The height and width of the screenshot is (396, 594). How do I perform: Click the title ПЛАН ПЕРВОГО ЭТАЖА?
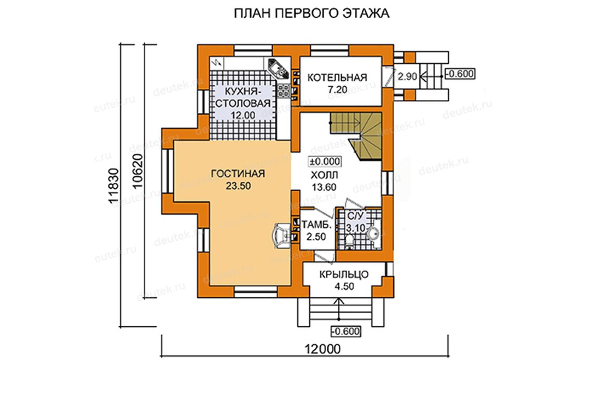pos(312,13)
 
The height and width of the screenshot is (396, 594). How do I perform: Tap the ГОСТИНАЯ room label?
pos(238,174)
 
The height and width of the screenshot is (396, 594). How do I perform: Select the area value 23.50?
pos(238,186)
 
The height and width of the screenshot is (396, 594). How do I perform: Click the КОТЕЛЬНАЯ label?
pos(337,78)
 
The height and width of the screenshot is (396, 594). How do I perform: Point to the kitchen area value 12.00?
pos(243,115)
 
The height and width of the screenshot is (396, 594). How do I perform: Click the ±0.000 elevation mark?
pos(325,162)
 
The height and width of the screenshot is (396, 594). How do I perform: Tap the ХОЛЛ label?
pos(324,175)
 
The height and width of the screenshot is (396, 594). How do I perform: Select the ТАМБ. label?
pos(317,225)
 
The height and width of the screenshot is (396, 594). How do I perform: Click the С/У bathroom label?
pos(355,216)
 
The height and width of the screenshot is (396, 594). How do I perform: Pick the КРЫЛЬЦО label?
pos(344,274)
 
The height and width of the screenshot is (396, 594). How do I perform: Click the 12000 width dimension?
pos(322,349)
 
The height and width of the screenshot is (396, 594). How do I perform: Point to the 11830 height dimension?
pos(114,186)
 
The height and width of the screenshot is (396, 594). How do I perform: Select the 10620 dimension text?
pos(138,171)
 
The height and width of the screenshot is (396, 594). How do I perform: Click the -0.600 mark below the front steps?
pos(346,331)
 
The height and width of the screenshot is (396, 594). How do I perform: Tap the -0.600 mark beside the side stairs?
pos(460,74)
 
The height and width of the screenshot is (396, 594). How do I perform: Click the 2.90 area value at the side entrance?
pos(407,76)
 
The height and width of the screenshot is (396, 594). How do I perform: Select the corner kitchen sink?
pos(278,69)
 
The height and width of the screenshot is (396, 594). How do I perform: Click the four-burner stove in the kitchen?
pos(284,91)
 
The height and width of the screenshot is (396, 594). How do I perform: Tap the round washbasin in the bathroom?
pos(374,233)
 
